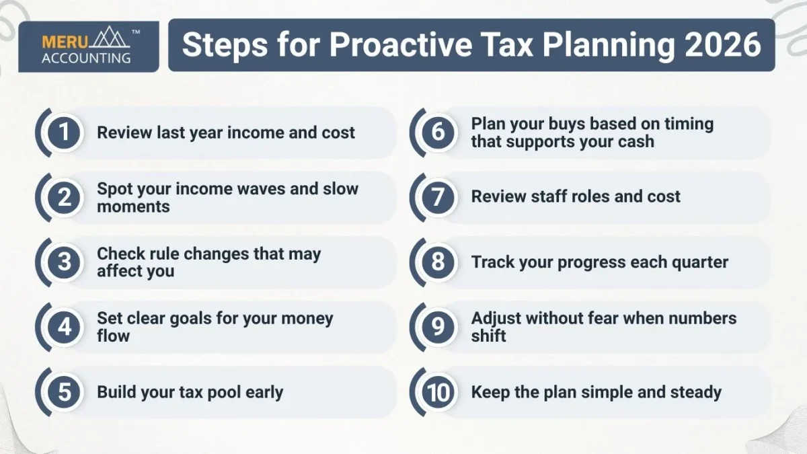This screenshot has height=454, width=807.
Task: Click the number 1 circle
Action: [65, 132]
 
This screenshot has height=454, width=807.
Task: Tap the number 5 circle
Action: [65, 392]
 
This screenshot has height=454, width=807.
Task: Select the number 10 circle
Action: [438, 392]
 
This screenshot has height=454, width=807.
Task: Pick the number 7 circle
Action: [438, 196]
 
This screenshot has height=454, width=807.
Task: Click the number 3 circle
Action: [65, 262]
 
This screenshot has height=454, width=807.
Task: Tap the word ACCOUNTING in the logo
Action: [86, 58]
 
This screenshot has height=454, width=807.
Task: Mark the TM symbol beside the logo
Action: [136, 32]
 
